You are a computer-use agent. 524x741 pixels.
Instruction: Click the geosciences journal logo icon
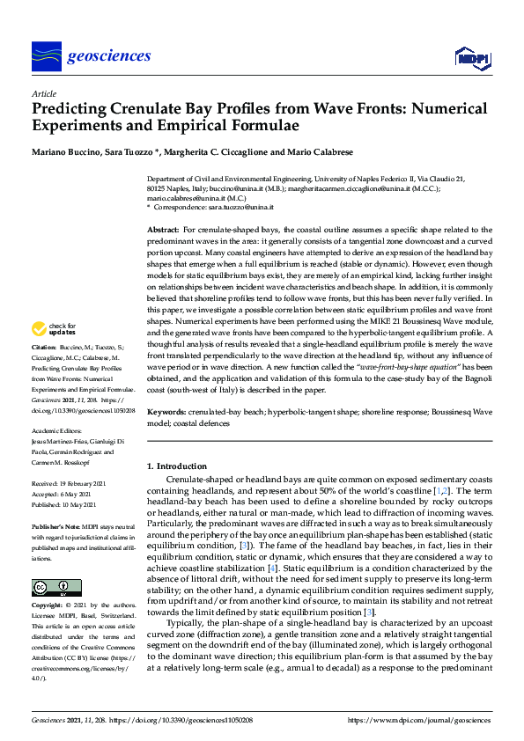tap(45, 55)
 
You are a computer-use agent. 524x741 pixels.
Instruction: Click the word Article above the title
tap(43, 94)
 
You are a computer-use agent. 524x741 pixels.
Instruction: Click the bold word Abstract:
tap(164, 229)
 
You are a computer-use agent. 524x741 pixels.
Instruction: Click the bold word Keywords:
tap(167, 412)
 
